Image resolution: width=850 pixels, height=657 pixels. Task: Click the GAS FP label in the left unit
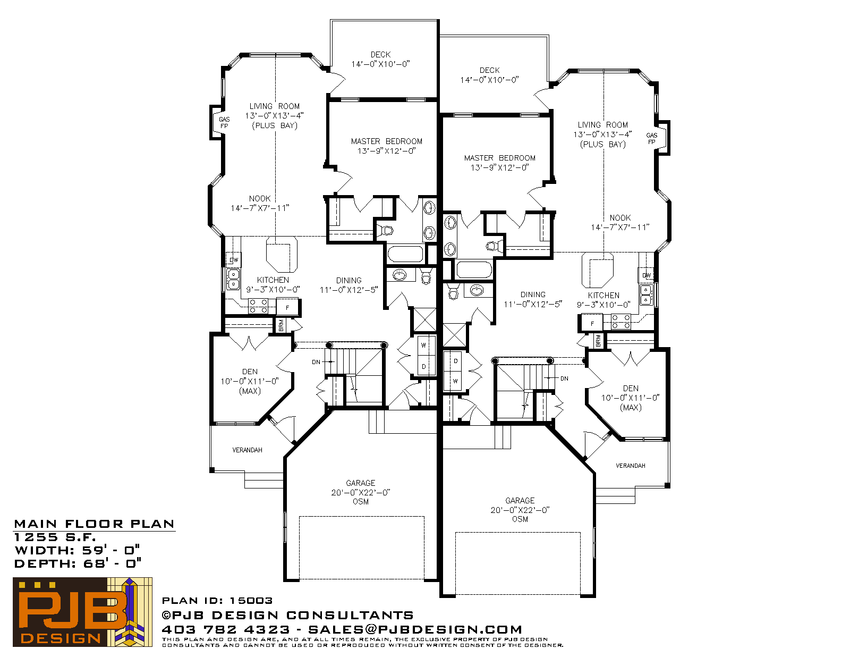click(224, 122)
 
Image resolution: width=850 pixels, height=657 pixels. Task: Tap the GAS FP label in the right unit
click(652, 139)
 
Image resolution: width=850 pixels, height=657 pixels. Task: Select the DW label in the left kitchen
click(234, 260)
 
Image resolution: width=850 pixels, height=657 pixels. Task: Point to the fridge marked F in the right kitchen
click(592, 324)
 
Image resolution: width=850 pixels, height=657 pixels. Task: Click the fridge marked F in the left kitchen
click(287, 308)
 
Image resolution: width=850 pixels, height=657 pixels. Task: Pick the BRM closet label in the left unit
click(281, 325)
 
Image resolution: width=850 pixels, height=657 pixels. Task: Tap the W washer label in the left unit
click(423, 345)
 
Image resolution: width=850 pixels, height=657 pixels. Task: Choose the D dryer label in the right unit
click(455, 361)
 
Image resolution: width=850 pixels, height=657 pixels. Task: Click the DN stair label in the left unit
click(316, 362)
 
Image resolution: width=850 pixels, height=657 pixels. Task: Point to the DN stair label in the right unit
click(564, 378)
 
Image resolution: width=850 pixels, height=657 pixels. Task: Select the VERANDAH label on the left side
click(247, 450)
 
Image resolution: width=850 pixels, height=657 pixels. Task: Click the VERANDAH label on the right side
click(631, 466)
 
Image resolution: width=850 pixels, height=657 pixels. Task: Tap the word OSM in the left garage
click(361, 502)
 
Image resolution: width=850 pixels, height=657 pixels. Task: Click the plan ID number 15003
click(251, 600)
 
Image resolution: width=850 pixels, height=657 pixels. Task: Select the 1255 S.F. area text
click(54, 537)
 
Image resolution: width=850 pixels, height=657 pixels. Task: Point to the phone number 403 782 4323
click(226, 629)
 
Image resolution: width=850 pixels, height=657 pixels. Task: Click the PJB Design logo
click(82, 612)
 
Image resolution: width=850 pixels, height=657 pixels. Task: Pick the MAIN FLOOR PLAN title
click(94, 524)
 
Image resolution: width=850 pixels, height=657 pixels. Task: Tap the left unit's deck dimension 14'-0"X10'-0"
click(380, 64)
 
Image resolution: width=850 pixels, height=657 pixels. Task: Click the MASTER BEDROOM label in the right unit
click(499, 158)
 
